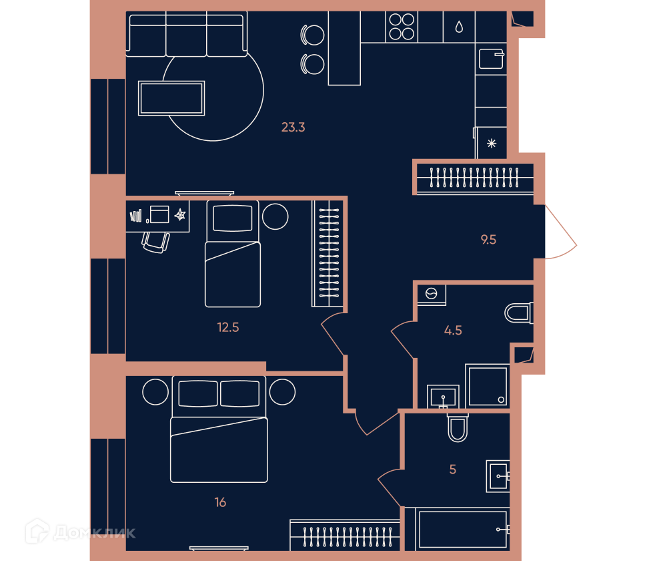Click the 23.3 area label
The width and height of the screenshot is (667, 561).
click(293, 127)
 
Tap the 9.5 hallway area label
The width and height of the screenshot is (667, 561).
click(488, 239)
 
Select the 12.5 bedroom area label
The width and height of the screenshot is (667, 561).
click(228, 327)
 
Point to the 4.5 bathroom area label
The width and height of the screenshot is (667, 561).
click(453, 330)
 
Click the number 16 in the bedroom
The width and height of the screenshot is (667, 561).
click(220, 502)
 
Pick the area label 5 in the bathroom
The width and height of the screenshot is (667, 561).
click(453, 470)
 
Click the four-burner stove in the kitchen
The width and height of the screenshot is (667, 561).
click(402, 27)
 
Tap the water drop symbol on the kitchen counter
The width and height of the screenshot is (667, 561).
click(459, 27)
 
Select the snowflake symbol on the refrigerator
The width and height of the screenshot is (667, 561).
click(492, 143)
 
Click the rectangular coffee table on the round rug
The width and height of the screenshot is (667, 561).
click(171, 98)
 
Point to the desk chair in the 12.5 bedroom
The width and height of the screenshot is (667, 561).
click(155, 242)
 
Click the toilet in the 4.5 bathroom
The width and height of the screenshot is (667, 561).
click(519, 313)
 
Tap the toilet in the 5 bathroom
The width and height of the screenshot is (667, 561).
click(458, 427)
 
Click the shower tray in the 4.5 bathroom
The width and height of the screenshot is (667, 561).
click(488, 385)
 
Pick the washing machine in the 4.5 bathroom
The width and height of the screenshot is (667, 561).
click(432, 295)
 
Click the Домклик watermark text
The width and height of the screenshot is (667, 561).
click(95, 533)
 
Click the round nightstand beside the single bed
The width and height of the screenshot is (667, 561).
click(275, 216)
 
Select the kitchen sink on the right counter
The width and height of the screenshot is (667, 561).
click(492, 59)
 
